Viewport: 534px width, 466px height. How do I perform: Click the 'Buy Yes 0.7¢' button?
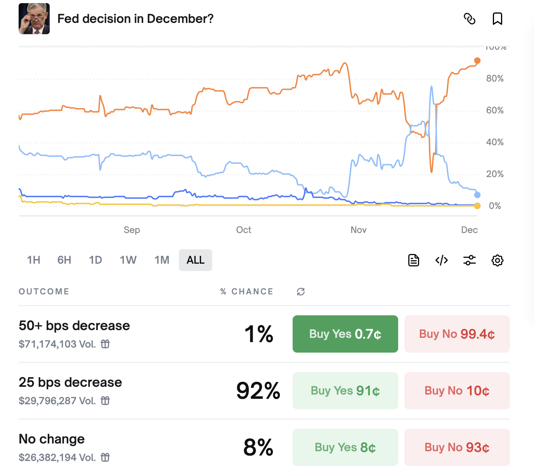[x=345, y=334]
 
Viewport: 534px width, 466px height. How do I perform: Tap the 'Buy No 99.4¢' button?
[x=457, y=334]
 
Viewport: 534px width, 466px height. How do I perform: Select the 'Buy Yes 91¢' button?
[x=345, y=391]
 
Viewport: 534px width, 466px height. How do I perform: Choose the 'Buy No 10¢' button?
[x=457, y=391]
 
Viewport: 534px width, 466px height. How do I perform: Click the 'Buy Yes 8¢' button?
[x=345, y=447]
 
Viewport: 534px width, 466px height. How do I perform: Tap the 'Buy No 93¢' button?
[x=457, y=447]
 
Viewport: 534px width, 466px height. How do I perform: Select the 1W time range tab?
[x=128, y=260]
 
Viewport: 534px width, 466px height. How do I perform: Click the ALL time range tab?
[x=195, y=260]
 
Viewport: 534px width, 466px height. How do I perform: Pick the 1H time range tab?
[x=33, y=260]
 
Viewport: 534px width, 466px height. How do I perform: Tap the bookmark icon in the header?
[x=497, y=19]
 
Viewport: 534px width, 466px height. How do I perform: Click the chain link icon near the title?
[x=470, y=19]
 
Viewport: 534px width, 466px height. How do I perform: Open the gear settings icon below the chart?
[x=497, y=260]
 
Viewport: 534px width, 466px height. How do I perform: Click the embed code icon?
[x=442, y=260]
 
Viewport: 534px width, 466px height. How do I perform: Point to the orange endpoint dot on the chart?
[x=477, y=61]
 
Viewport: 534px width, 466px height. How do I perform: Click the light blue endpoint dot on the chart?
[x=477, y=195]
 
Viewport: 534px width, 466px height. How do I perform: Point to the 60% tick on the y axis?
[x=495, y=110]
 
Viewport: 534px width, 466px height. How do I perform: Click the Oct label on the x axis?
[x=243, y=230]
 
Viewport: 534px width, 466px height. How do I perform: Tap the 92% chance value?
[x=258, y=391]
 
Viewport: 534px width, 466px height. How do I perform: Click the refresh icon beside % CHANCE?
[x=301, y=292]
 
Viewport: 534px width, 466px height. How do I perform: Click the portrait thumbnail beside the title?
[x=34, y=19]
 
